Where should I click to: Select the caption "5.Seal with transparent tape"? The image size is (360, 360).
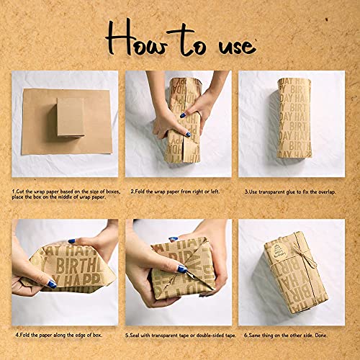(180, 335)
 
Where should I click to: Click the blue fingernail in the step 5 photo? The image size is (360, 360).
(183, 269)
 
